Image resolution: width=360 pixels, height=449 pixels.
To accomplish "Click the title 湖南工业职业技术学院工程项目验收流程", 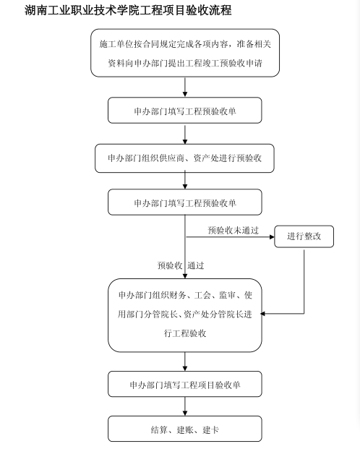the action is [x=128, y=10].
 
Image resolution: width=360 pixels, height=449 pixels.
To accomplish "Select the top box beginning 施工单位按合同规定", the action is [x=185, y=53].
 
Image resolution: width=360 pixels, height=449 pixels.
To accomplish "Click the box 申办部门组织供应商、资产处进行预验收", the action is [x=185, y=158].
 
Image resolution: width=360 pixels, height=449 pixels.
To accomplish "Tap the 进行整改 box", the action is [x=304, y=236].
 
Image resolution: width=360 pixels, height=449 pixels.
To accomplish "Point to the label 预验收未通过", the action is [x=233, y=230].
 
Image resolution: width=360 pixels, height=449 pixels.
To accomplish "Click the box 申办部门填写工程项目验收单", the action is [x=185, y=384].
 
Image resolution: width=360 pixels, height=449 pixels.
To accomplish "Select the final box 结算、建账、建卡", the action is [x=185, y=429].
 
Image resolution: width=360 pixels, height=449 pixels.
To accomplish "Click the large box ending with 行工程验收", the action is [x=185, y=315].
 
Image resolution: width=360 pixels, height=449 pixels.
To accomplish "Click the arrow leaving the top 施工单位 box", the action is [x=185, y=87].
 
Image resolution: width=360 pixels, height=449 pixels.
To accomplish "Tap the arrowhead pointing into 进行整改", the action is [x=272, y=237].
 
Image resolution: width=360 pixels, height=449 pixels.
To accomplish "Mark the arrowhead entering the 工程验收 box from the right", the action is [x=262, y=314].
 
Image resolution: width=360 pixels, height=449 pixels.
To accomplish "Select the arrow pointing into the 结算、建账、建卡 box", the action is [x=185, y=406].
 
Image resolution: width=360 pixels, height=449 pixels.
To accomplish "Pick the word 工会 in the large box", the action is [x=202, y=295].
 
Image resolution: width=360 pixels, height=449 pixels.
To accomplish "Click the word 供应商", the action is [x=172, y=158].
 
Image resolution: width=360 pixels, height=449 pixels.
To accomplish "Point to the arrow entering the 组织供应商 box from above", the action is [x=185, y=134].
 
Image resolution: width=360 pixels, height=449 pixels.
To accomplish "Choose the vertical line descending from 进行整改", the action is [x=304, y=281].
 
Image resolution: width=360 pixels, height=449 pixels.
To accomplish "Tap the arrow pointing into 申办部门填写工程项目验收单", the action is [x=185, y=362].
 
